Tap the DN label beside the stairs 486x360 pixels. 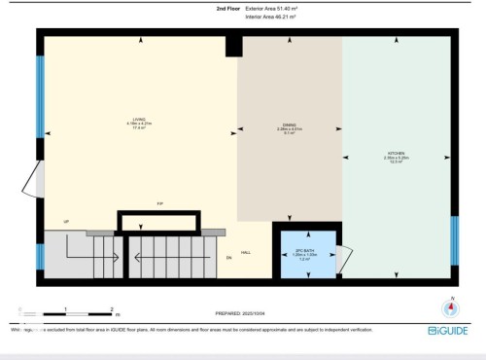pos(228,258)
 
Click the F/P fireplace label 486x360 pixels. pos(158,203)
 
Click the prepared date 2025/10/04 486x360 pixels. pos(244,313)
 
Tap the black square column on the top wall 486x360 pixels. pos(232,46)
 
